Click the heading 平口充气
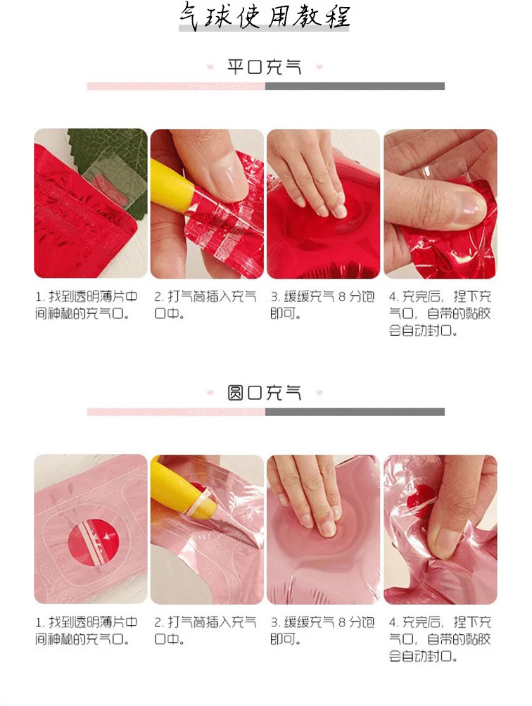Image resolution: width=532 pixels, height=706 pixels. (x=265, y=68)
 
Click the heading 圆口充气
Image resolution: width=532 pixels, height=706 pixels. (x=265, y=393)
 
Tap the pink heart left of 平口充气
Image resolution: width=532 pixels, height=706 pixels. (x=210, y=68)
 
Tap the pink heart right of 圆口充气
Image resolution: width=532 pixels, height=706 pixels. (x=319, y=393)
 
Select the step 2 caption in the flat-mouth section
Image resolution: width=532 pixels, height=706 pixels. (x=205, y=305)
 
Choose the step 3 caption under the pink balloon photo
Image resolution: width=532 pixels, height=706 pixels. (x=322, y=631)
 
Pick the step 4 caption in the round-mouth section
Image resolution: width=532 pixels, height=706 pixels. (x=441, y=639)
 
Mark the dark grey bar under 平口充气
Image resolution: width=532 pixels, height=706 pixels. (x=355, y=86)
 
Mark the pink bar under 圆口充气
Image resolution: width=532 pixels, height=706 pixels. (x=176, y=412)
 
